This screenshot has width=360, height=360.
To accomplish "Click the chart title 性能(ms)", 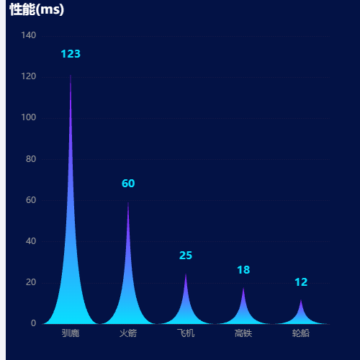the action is point(37,10).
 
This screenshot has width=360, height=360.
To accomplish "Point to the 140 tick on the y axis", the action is point(29,35).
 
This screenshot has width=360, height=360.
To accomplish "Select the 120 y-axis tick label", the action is point(29,76).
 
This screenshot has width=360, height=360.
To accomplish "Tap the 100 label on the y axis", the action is point(29,117).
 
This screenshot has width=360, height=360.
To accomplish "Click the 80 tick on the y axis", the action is point(31,159).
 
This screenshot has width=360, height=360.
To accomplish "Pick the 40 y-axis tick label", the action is point(31,241).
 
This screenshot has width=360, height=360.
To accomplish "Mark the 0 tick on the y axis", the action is point(33,323).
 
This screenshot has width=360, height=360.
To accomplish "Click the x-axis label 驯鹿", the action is point(71,333).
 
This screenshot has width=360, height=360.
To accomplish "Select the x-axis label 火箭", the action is point(128,333).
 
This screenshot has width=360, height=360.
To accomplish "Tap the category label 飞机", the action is point(186,333).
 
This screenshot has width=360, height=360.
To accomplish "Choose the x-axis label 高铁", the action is point(243,333).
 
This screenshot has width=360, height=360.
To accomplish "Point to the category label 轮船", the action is point(301,333).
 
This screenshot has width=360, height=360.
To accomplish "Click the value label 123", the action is point(71,54).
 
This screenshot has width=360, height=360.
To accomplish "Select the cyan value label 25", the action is point(186,256).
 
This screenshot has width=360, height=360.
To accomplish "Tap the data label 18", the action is point(243,270).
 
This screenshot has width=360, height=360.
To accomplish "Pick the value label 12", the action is point(301,282).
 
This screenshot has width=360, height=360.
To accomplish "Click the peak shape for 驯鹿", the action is point(71,264).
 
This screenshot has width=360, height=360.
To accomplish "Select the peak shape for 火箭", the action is point(128,288).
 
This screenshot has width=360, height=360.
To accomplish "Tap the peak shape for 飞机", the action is point(186,310).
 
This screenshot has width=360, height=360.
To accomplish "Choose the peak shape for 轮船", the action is point(301,317).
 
